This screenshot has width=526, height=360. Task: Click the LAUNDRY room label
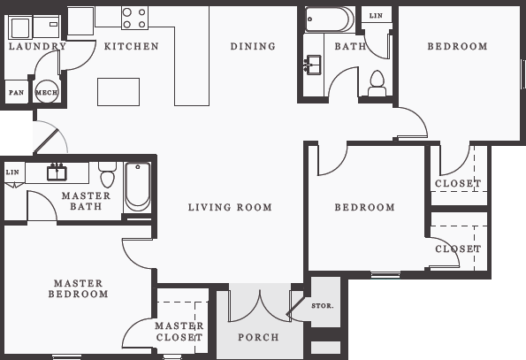pos(37,47)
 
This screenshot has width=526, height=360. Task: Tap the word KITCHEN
pos(132,47)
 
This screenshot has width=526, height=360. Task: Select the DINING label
pos(253,47)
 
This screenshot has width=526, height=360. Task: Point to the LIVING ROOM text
pos(230,208)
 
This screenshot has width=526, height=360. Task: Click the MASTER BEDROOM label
pos(79,288)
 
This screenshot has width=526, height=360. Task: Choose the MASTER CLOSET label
pos(179,332)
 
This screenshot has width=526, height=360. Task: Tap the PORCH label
pos(259,337)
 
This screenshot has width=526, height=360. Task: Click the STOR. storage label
pos(323,306)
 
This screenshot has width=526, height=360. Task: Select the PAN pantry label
pos(16,92)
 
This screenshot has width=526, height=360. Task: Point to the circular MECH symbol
pos(46,92)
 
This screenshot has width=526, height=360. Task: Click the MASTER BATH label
pos(87,201)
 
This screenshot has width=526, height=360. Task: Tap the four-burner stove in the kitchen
pos(134,18)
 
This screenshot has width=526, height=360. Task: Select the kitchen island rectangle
pos(118,91)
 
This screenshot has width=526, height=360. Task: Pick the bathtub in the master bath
pos(137,187)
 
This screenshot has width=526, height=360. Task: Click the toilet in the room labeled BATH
pos(377,82)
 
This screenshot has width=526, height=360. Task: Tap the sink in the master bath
pos(57,172)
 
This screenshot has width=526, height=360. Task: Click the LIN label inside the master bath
pos(12,172)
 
